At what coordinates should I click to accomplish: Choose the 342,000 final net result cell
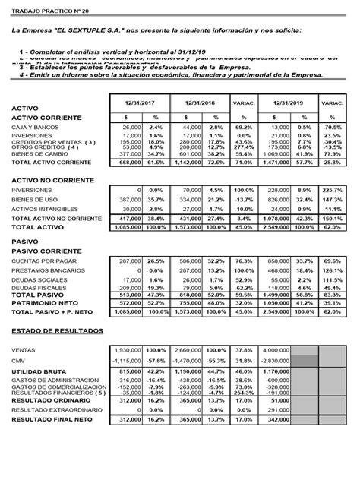point(278,419)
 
